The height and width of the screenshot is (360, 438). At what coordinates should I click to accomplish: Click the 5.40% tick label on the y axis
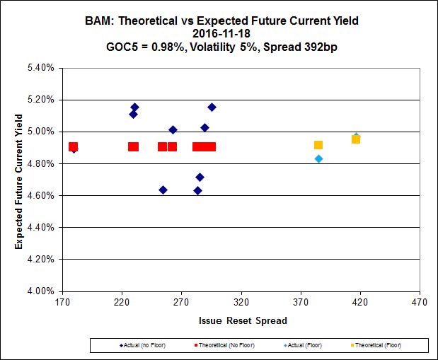point(40,68)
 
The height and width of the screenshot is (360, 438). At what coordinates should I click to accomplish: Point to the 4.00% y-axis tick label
point(40,291)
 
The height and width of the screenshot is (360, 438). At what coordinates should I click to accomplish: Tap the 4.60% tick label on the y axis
point(40,195)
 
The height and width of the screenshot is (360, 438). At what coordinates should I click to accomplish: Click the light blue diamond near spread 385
point(318,158)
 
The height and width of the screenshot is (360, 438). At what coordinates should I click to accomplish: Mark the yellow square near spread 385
point(318,145)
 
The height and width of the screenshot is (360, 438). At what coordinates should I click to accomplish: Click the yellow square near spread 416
point(356,139)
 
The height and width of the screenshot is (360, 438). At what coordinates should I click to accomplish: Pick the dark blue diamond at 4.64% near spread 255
point(163,190)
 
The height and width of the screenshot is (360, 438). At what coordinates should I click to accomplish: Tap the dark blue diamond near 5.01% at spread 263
point(173,129)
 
